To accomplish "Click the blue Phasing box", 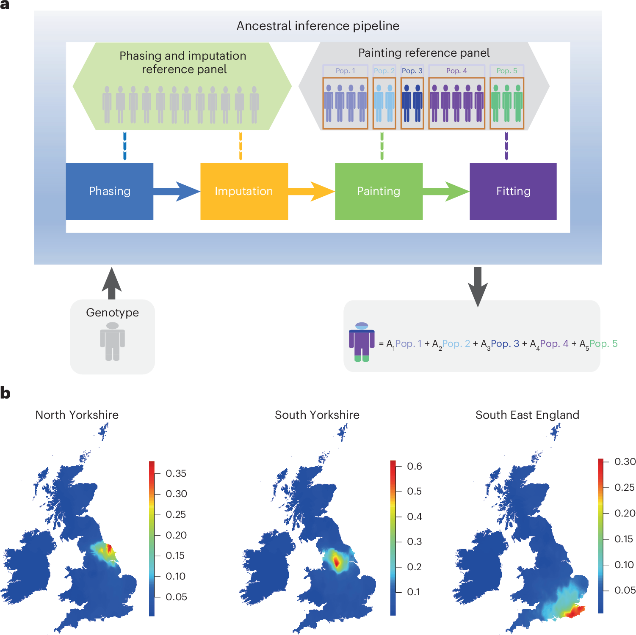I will pos(109,191).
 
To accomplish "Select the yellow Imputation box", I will pos(244,191).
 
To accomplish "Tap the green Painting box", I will pos(379,191).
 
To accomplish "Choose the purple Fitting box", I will pos(513,191).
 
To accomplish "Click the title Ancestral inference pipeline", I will pos(318,26).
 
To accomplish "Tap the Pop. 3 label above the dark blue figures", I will pos(412,71).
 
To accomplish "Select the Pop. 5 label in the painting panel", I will pos(507,71).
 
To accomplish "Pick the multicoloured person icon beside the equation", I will pos(362,342).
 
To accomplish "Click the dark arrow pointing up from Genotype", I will pos(112,283).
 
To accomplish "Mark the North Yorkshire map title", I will pos(77,415).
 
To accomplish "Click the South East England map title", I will pos(527,415).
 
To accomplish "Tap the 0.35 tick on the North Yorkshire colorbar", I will pos(176,473).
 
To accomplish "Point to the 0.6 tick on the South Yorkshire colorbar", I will pos(414,466).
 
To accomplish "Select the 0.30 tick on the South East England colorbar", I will pos(625,462).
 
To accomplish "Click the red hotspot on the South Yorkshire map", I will pos(336,561).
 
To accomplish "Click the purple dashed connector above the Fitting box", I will pos(506,146).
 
